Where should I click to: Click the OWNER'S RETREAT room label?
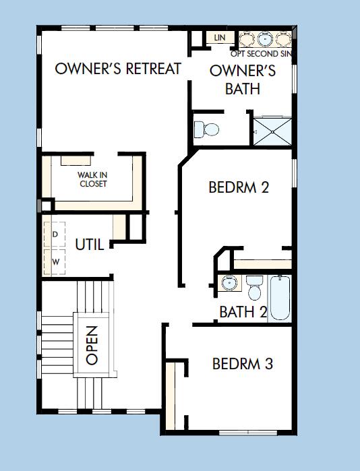click(x=118, y=69)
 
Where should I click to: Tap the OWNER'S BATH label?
click(x=242, y=80)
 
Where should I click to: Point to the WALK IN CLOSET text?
click(x=92, y=179)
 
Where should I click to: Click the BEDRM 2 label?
click(x=239, y=187)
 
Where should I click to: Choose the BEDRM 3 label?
click(x=242, y=365)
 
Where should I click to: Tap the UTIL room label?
click(x=90, y=245)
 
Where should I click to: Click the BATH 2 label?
click(x=243, y=312)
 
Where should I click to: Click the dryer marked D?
click(x=55, y=234)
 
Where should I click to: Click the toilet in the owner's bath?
click(x=206, y=129)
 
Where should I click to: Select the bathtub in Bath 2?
click(x=280, y=297)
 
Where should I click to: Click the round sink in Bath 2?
click(x=229, y=283)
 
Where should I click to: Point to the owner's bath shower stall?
click(x=273, y=129)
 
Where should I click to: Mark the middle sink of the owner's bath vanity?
click(x=264, y=38)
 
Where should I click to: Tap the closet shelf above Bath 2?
click(x=262, y=263)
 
